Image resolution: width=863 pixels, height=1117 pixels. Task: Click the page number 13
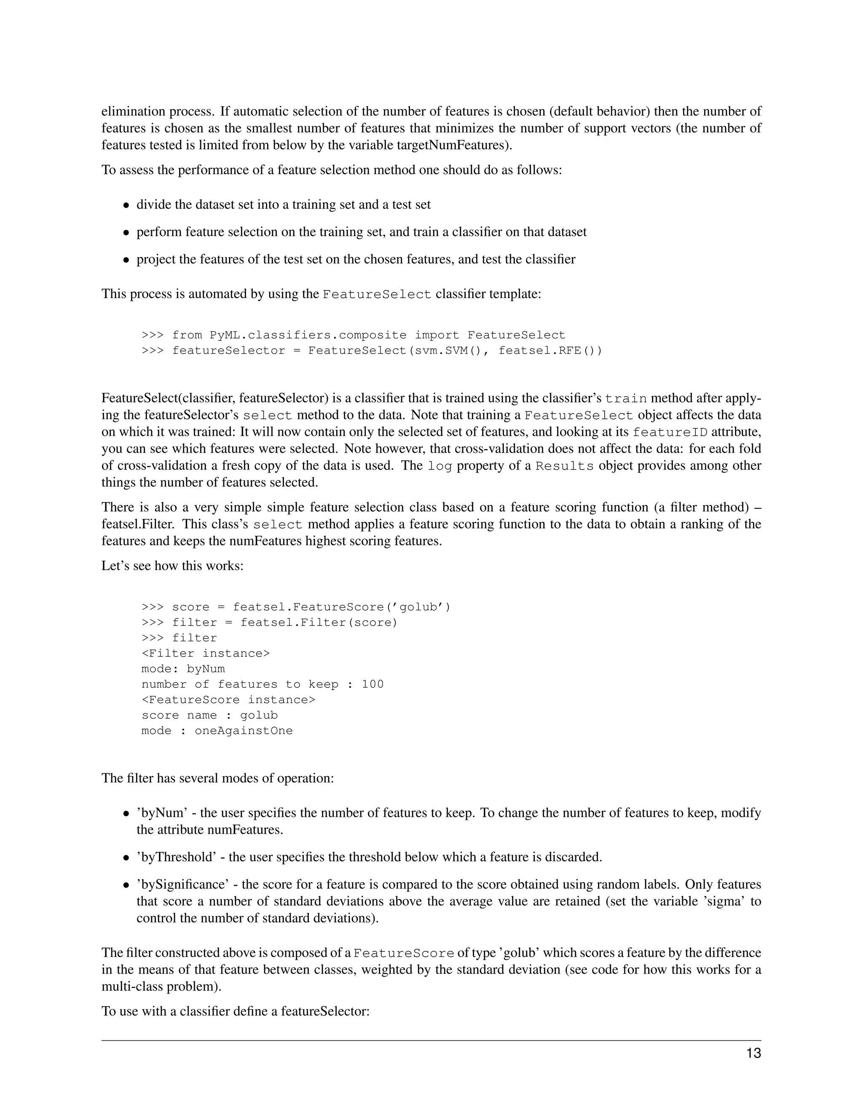tap(753, 1054)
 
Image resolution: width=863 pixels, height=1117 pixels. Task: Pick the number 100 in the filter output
tap(373, 684)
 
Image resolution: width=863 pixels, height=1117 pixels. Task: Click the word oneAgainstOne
tap(244, 731)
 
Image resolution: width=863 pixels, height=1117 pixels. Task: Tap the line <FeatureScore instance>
tap(228, 700)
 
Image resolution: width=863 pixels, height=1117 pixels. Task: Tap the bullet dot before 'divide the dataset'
tap(126, 206)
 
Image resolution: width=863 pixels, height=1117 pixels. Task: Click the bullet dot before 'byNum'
tap(126, 814)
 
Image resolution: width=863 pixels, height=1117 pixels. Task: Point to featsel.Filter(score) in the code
tap(319, 623)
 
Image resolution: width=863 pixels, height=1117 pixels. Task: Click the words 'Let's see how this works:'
tap(172, 566)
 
